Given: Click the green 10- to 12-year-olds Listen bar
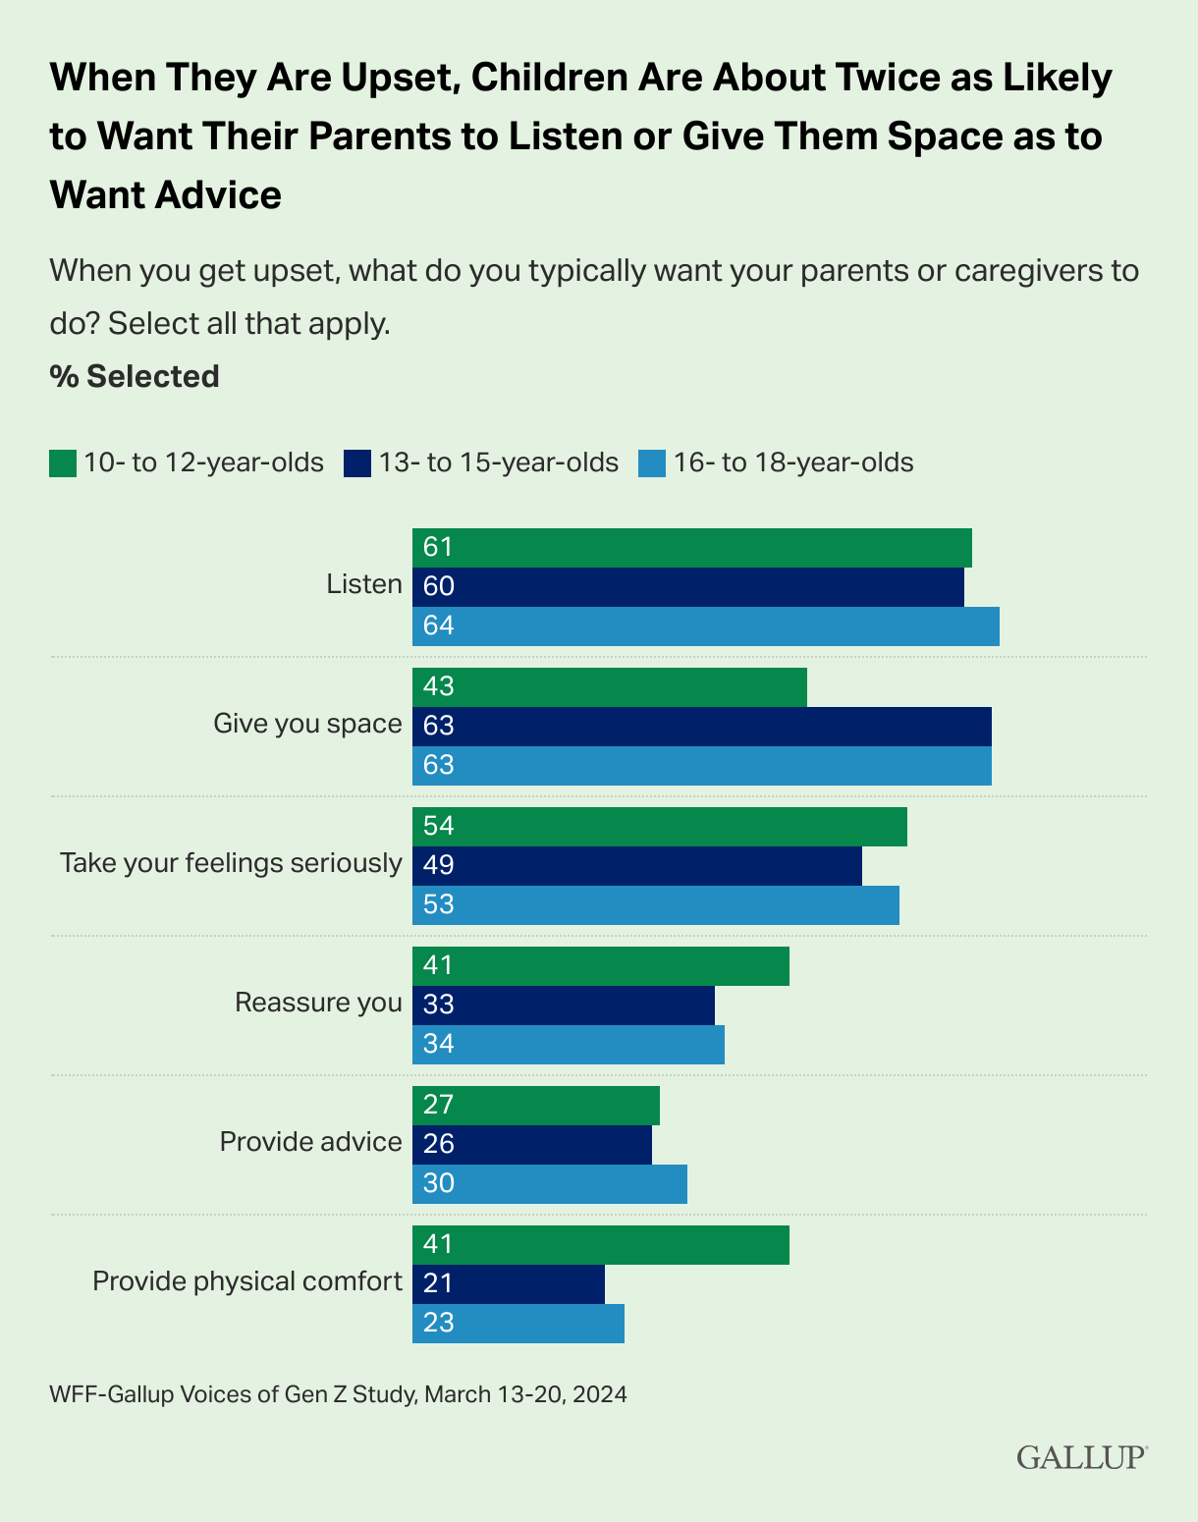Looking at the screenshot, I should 691,548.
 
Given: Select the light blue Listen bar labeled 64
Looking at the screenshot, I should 705,626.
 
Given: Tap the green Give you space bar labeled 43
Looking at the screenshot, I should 609,687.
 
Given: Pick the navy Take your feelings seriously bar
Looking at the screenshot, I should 636,865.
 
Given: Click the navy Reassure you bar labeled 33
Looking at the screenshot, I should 563,1005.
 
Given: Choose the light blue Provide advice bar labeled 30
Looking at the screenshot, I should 549,1183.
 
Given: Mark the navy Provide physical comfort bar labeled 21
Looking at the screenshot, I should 508,1283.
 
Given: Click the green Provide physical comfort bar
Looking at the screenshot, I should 600,1244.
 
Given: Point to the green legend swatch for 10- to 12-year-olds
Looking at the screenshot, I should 63,463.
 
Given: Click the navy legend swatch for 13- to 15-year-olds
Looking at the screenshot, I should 357,463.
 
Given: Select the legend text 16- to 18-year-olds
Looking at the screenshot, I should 793,462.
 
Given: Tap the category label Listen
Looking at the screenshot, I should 364,584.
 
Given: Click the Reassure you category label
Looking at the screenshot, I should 318,1003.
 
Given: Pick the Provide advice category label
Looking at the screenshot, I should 310,1142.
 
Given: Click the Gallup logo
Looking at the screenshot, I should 1081,1456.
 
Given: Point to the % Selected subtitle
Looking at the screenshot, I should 135,376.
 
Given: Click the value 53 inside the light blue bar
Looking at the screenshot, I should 438,904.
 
